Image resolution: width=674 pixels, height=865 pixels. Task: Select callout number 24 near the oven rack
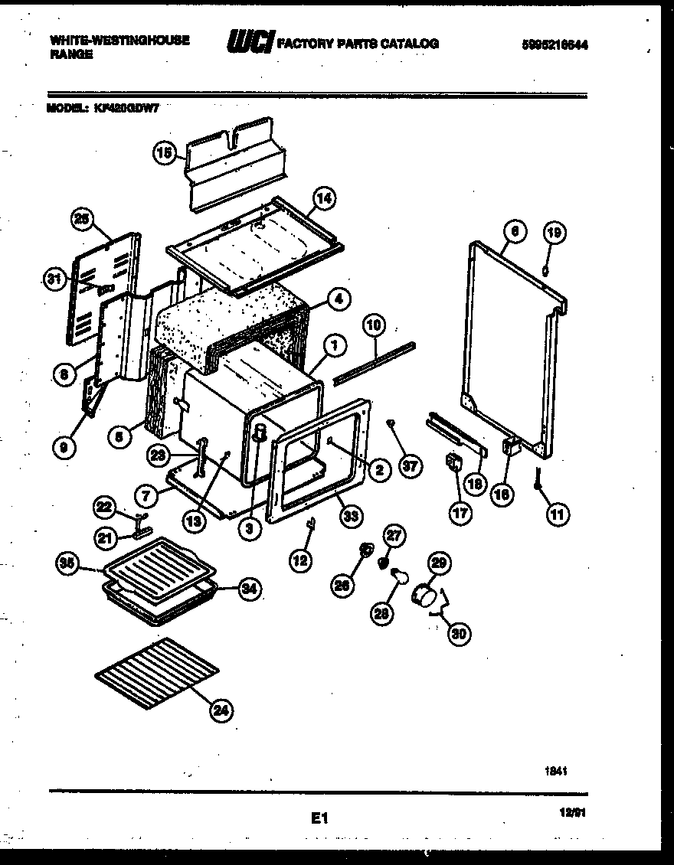coord(221,710)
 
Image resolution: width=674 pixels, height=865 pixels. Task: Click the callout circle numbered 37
coord(411,466)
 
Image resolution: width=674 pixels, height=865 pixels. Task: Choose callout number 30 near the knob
coord(460,632)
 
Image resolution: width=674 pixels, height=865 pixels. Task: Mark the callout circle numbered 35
coord(69,565)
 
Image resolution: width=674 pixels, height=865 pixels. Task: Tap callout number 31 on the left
coord(53,280)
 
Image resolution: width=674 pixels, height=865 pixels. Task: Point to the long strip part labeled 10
coord(378,360)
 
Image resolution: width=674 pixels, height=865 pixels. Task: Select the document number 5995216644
coord(554,44)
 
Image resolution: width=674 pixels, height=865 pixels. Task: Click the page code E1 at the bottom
coord(319,818)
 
